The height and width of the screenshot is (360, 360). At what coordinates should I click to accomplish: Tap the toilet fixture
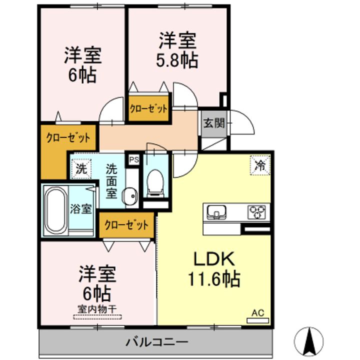(x=155, y=183)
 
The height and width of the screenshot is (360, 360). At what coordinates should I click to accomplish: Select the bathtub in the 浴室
(x=56, y=209)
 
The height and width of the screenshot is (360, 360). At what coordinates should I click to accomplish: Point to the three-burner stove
(x=257, y=211)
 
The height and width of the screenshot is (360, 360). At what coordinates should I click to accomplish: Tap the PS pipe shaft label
(x=134, y=159)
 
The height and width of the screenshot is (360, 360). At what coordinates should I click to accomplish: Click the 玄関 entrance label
(x=214, y=123)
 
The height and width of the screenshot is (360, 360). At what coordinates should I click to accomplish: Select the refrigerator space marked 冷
(x=260, y=165)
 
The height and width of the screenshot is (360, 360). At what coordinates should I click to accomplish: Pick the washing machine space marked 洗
(x=81, y=169)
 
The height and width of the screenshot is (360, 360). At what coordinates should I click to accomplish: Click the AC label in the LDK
(x=258, y=312)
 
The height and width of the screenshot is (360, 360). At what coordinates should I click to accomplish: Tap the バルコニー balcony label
(x=157, y=342)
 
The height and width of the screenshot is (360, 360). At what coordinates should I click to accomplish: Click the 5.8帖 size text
(x=177, y=60)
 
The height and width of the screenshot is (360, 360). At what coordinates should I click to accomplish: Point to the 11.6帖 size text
(x=214, y=278)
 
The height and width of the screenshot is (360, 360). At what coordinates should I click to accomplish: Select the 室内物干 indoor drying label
(x=97, y=309)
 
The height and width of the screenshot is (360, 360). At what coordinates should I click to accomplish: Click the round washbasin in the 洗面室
(x=131, y=196)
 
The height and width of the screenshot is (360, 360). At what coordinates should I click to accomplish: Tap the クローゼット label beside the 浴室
(x=126, y=225)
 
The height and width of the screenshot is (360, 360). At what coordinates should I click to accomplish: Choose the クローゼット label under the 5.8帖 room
(x=148, y=108)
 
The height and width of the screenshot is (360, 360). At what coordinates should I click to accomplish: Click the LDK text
(x=214, y=259)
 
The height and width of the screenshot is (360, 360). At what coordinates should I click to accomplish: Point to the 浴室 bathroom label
(x=81, y=208)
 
